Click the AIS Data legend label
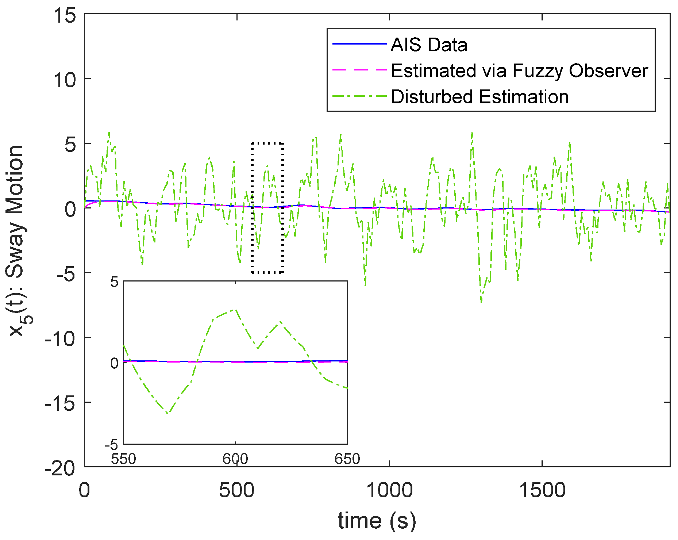pyautogui.click(x=429, y=45)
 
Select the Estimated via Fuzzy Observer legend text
pyautogui.click(x=519, y=70)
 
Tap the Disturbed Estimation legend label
pyautogui.click(x=479, y=97)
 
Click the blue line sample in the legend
pyautogui.click(x=359, y=44)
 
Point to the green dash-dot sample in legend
pyautogui.click(x=359, y=97)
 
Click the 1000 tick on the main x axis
pyautogui.click(x=389, y=490)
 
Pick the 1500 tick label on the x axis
pyautogui.click(x=542, y=490)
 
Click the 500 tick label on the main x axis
pyautogui.click(x=236, y=490)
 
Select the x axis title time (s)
pyautogui.click(x=377, y=520)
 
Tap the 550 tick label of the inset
pyautogui.click(x=124, y=459)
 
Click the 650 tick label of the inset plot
pyautogui.click(x=347, y=459)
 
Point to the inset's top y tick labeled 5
pyautogui.click(x=115, y=282)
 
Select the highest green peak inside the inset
pyautogui.click(x=236, y=310)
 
